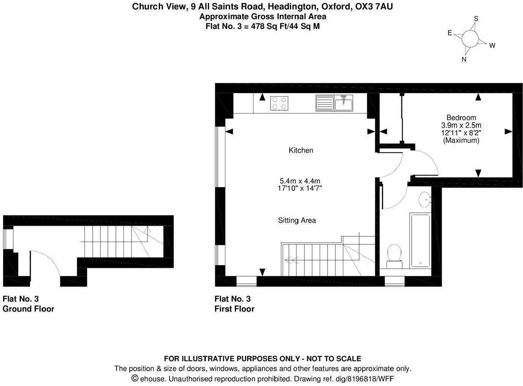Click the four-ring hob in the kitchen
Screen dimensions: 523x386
279,103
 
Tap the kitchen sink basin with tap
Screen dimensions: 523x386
344,103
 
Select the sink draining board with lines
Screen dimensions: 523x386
324,103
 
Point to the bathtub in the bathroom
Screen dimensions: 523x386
420,240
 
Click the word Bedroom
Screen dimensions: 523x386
461,118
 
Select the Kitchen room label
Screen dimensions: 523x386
301,150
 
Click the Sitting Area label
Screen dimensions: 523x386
297,220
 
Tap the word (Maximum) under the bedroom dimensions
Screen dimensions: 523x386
461,140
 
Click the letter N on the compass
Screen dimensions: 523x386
464,59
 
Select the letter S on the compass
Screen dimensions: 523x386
476,19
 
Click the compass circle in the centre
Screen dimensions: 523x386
470,38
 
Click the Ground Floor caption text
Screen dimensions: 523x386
29,309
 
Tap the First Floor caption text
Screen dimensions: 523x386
235,309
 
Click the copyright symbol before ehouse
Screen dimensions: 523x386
135,378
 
